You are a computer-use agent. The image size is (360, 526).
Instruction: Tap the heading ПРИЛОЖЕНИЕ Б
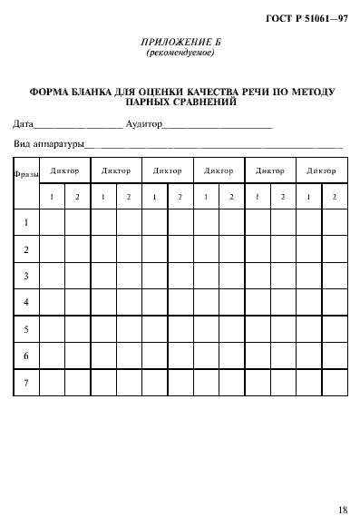click(x=180, y=44)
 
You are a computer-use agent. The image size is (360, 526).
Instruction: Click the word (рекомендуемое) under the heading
click(x=180, y=54)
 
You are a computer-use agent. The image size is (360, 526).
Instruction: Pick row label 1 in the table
click(x=26, y=223)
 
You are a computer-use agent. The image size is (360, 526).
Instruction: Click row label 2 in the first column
click(x=26, y=249)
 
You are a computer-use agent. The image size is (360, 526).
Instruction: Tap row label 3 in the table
click(x=26, y=276)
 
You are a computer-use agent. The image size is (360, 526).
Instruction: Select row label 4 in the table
click(x=26, y=302)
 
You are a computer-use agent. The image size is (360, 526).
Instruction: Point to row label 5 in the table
click(x=26, y=329)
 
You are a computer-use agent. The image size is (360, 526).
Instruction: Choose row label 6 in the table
click(x=26, y=356)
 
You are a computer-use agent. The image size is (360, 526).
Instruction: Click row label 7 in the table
click(x=26, y=382)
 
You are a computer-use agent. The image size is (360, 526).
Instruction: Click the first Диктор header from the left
click(x=64, y=170)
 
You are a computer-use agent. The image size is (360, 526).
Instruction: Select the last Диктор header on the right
click(x=321, y=170)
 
